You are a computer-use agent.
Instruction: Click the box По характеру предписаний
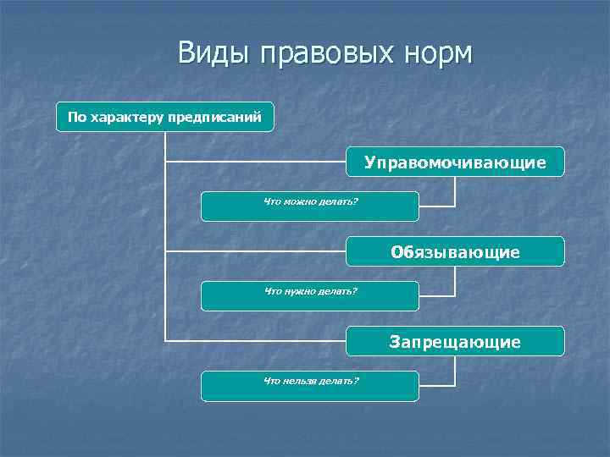[165, 117]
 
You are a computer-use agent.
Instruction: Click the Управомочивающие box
[455, 162]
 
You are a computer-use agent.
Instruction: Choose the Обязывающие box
[455, 251]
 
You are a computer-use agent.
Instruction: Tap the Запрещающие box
[455, 341]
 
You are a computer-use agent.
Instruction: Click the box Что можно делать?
[309, 206]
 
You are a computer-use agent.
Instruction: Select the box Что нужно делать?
[309, 296]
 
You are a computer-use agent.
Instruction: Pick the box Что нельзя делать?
[309, 386]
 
